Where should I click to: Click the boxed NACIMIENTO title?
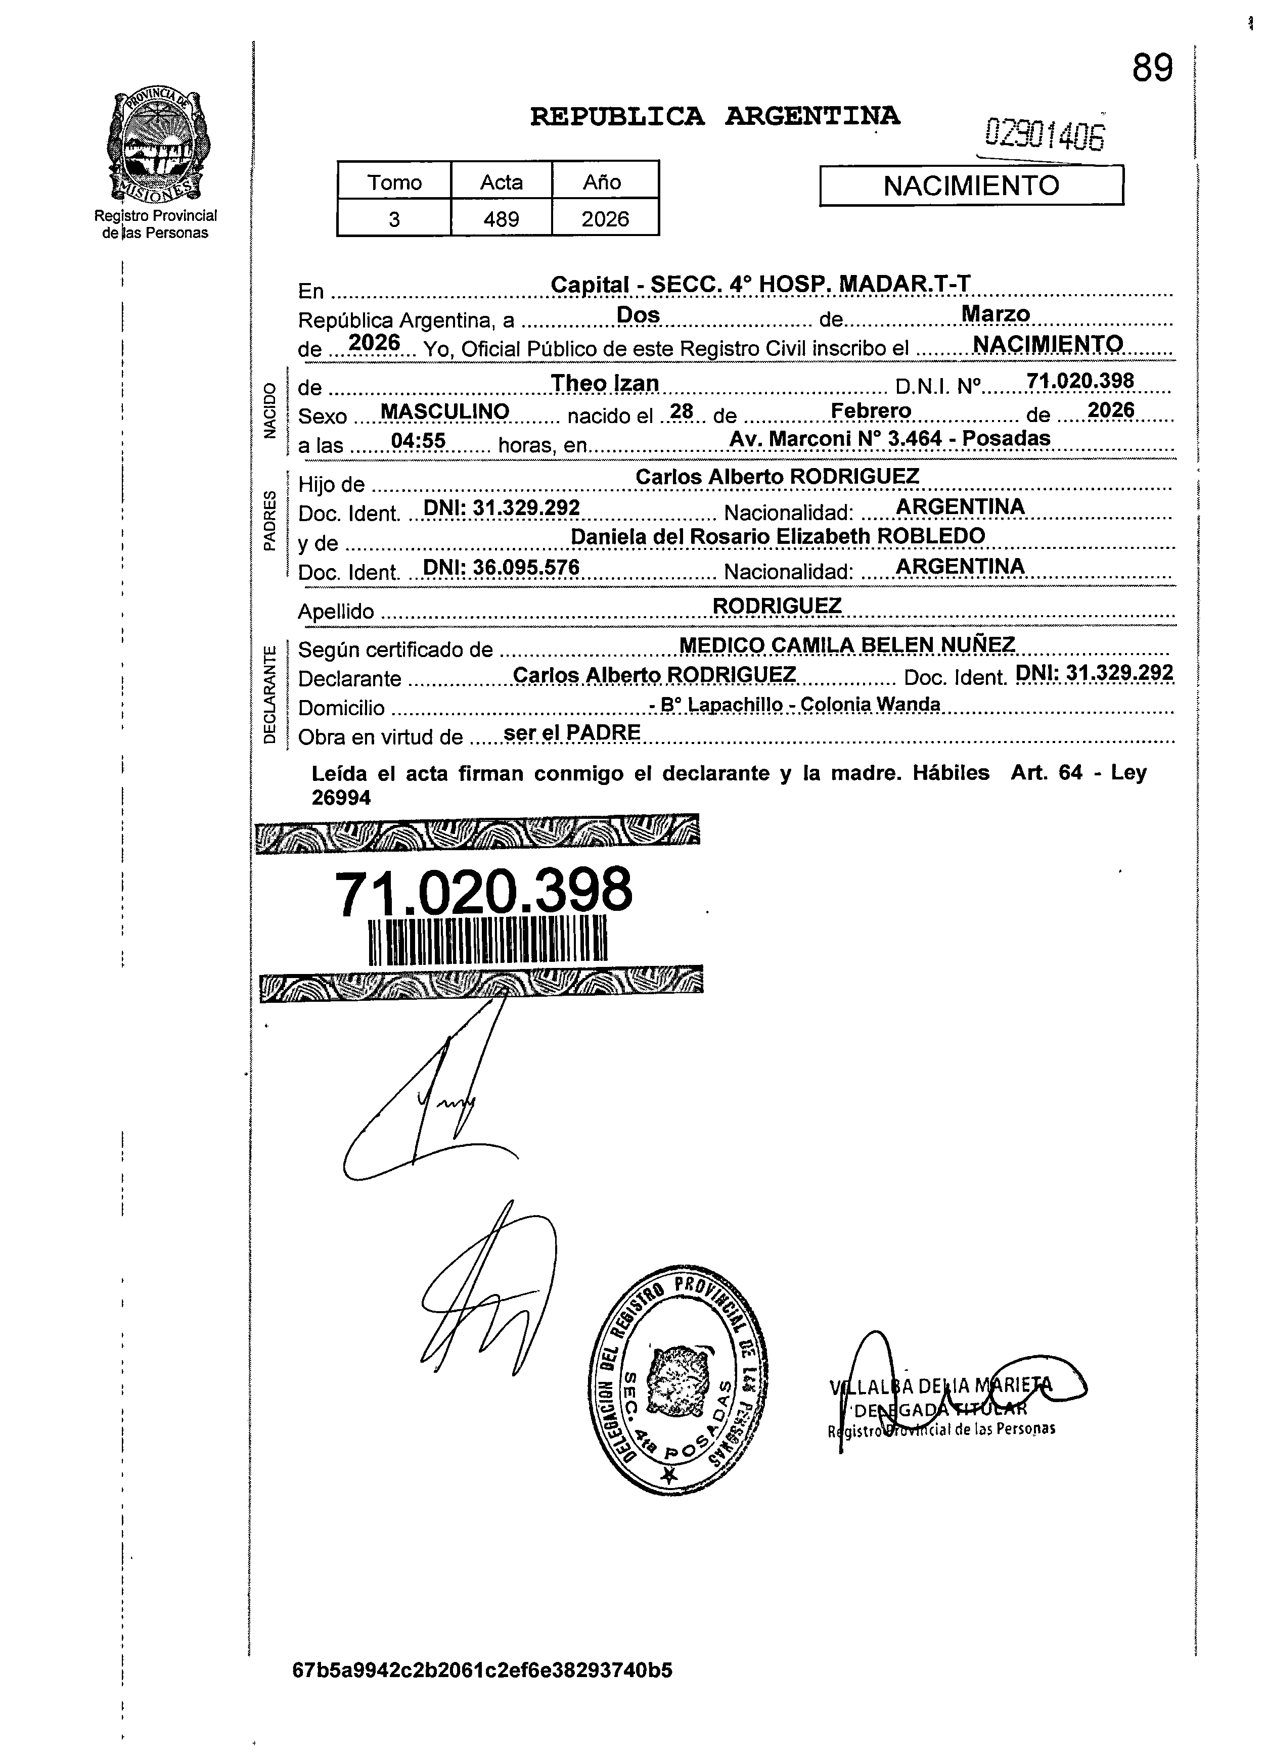(971, 186)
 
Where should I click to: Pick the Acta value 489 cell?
(501, 219)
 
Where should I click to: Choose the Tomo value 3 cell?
(394, 219)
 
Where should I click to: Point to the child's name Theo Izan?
(605, 383)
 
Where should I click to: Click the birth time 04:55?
(418, 441)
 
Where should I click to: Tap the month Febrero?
(871, 410)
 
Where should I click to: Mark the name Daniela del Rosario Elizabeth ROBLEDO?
(777, 536)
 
